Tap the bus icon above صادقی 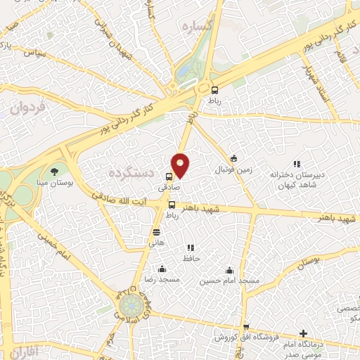click(x=169, y=177)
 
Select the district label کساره click(x=197, y=26)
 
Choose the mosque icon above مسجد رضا click(x=162, y=269)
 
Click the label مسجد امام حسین click(x=229, y=281)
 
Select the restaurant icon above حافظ click(x=189, y=247)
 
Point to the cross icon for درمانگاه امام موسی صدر click(x=303, y=333)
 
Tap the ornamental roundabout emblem click(x=130, y=307)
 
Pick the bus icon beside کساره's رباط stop click(x=214, y=89)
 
